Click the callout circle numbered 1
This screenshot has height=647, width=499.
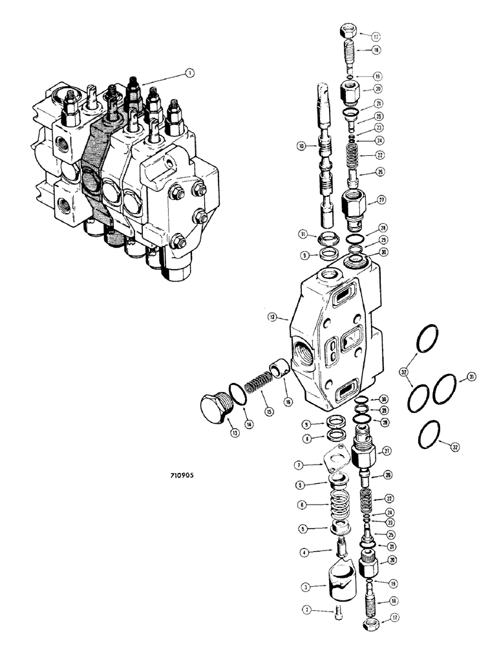(189, 74)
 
